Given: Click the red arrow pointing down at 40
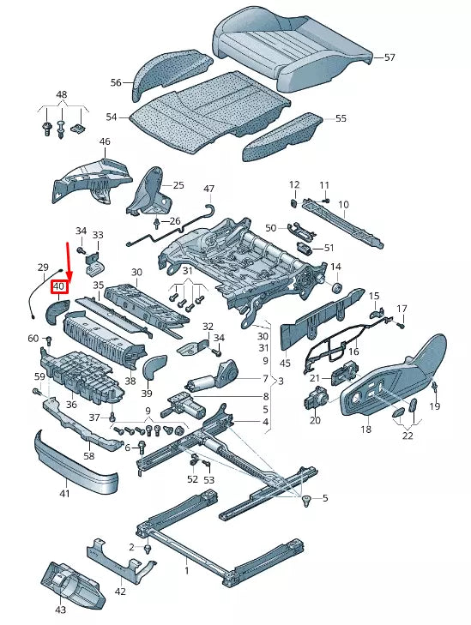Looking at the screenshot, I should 69,261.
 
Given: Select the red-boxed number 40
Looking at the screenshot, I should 59,286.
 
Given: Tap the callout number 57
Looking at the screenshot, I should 389,57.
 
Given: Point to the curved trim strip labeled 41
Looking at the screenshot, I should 73,468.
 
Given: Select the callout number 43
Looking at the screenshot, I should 59,610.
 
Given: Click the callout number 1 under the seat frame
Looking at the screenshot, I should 187,569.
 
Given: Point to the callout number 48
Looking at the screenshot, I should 61,93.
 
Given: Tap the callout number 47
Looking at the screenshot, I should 208,188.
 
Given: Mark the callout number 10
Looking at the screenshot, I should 343,204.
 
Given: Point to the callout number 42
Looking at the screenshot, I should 120,591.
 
